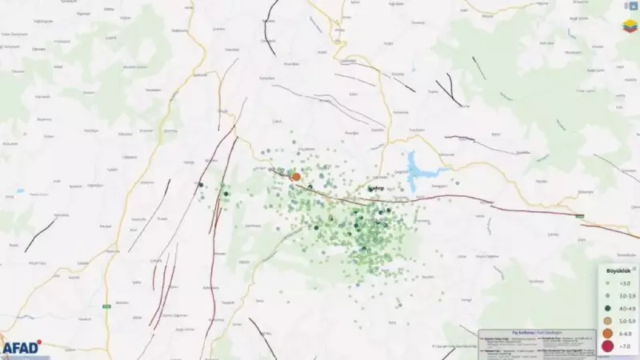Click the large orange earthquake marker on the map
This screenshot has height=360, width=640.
tap(296, 176)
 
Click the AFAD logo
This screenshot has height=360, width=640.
tap(20, 347)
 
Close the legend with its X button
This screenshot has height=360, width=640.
tap(634, 270)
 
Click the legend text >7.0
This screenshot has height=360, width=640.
tap(622, 346)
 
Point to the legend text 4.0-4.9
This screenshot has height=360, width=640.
tap(623, 307)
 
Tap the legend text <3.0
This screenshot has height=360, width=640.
tap(622, 283)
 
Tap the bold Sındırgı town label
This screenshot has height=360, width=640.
tap(374, 189)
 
